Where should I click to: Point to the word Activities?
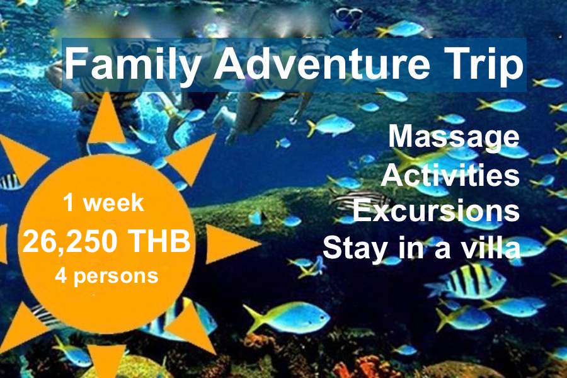(x=450, y=175)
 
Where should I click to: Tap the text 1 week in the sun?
(x=103, y=203)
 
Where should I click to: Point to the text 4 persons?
(x=106, y=277)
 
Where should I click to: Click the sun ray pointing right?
(x=231, y=244)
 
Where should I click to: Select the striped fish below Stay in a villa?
(x=466, y=281)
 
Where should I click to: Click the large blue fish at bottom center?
(x=287, y=318)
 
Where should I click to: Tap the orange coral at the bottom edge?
(x=365, y=368)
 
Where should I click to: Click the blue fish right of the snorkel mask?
(x=400, y=28)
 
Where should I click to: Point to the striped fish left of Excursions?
(x=360, y=200)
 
